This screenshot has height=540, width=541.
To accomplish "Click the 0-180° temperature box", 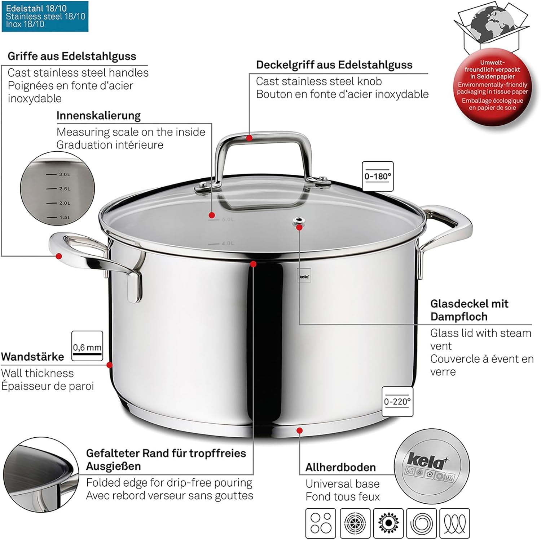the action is [x=378, y=176].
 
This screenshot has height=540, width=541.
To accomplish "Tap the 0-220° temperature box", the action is [x=397, y=401].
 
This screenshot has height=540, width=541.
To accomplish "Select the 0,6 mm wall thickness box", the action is [x=87, y=346].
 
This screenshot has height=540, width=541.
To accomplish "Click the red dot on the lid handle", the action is [x=249, y=138].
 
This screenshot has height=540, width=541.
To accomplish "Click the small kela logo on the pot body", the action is [x=304, y=277].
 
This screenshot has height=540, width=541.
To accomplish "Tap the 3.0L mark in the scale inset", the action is [x=58, y=174].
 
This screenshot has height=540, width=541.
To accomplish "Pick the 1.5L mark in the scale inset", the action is [x=58, y=217].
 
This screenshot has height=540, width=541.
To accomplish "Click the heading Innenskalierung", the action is [x=98, y=116].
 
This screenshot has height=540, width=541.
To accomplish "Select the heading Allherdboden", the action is [x=340, y=467].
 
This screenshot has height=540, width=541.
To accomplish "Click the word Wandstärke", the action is [x=32, y=357].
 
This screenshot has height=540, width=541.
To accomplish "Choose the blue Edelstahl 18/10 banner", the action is [x=45, y=16].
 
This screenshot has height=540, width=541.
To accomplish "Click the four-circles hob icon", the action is [x=321, y=523].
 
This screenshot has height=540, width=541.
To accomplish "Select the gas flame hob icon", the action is [x=388, y=523].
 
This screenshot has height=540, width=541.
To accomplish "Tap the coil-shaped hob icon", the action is [x=455, y=523].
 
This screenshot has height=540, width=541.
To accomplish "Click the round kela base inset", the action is [x=432, y=467].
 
